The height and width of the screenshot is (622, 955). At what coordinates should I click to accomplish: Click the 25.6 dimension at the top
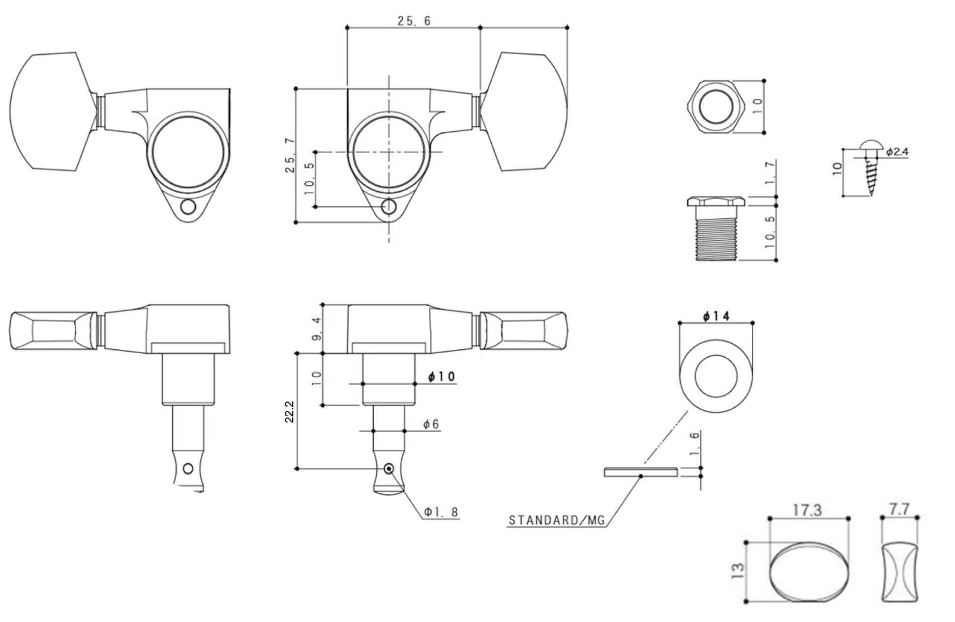(414, 21)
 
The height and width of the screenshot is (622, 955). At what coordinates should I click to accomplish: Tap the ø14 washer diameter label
(716, 316)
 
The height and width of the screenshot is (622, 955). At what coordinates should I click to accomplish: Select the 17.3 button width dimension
(807, 510)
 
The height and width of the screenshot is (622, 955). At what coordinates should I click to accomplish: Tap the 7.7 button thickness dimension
(899, 509)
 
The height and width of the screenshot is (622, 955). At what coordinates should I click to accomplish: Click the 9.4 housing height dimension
(316, 329)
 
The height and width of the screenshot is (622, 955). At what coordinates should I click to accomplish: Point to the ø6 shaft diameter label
(431, 424)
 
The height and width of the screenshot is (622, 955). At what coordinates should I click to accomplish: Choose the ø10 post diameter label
(441, 377)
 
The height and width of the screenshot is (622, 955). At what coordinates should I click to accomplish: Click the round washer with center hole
(716, 377)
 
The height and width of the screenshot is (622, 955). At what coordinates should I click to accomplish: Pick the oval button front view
(809, 573)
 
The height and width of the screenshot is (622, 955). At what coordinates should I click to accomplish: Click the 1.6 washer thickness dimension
(694, 444)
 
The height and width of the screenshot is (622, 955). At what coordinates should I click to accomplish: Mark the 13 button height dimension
(738, 571)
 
